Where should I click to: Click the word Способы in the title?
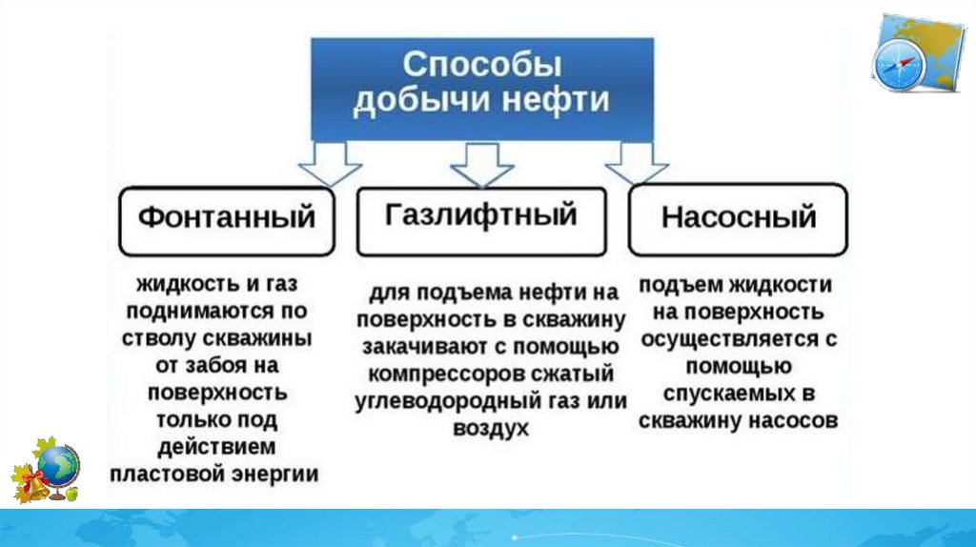[481, 67]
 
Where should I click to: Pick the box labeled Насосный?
[739, 217]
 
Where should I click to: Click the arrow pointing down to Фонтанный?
[330, 165]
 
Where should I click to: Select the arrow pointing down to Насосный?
[636, 164]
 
